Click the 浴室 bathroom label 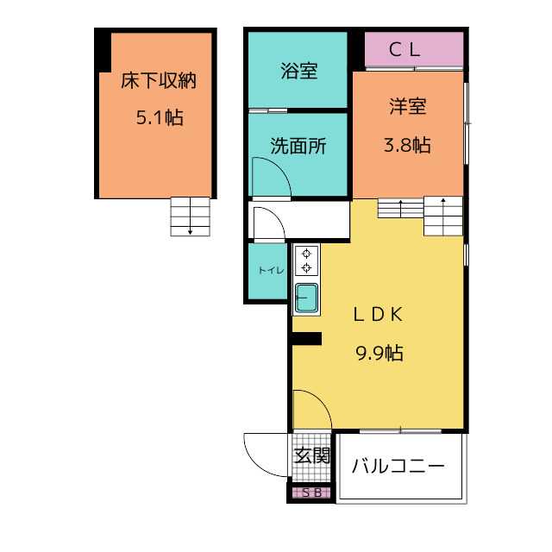pos(299,71)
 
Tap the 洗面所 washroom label pos(298,146)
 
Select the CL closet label pos(405,50)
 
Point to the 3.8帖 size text pos(407,145)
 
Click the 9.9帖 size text pos(379,353)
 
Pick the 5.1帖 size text pos(160,117)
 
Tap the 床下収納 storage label pos(159,80)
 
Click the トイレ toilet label pos(271,270)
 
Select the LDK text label pos(379,314)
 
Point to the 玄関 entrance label pos(312,456)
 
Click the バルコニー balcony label pos(398,467)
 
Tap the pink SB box pos(311,492)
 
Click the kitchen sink pos(307,298)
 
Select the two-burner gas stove pos(307,260)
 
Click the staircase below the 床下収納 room pos(190,216)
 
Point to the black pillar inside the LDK pos(307,339)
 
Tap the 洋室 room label pos(408,106)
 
